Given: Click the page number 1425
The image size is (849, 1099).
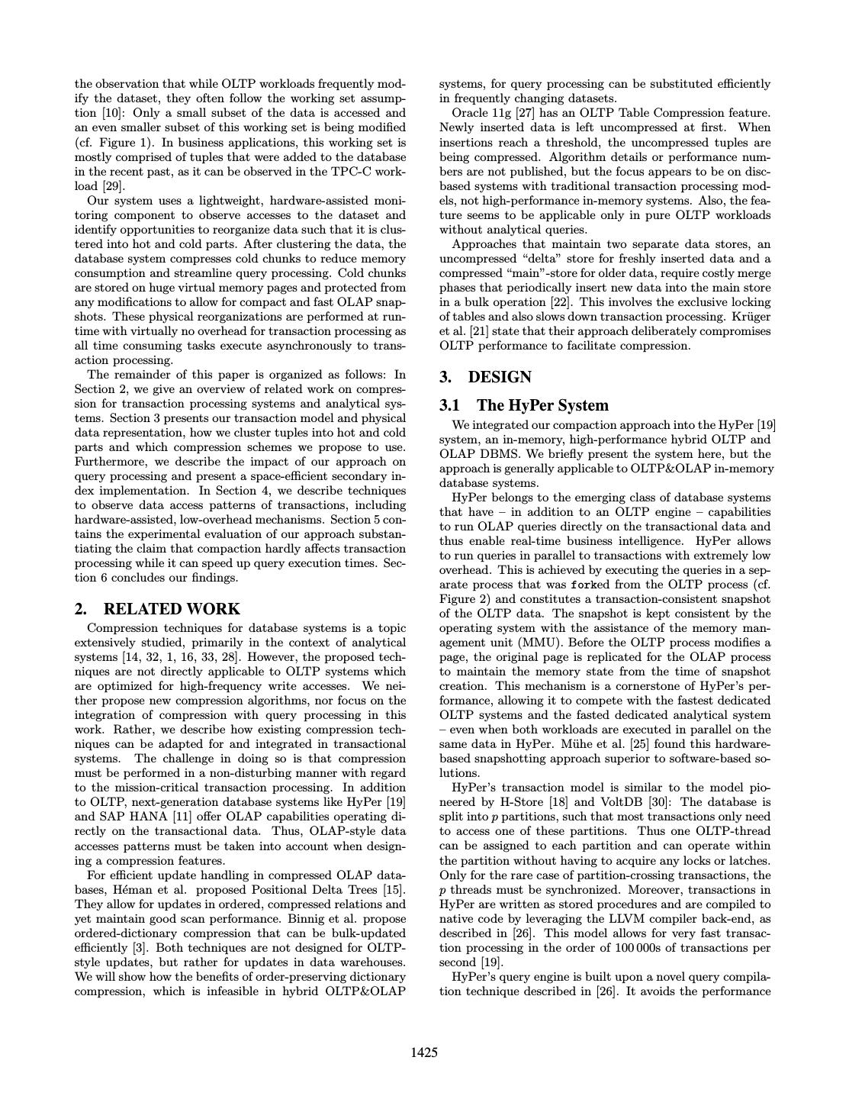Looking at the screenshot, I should (424, 1053).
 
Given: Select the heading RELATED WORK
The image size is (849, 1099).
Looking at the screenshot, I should (171, 609).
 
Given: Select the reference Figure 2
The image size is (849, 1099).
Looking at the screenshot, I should (462, 599).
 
